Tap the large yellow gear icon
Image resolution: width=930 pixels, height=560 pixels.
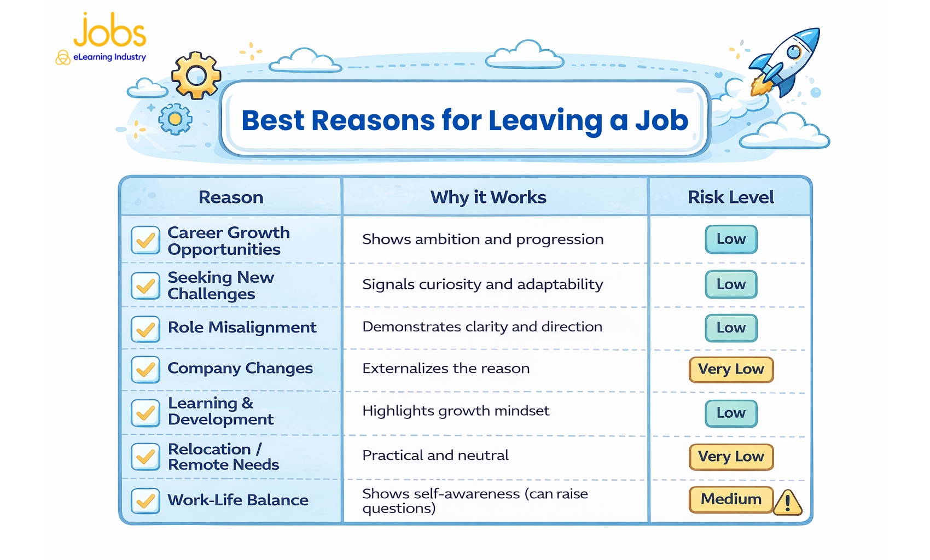point(196,75)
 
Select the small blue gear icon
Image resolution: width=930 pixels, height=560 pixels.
point(175,119)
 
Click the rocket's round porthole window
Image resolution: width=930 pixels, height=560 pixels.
point(794,52)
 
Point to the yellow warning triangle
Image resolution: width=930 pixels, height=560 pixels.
point(788,502)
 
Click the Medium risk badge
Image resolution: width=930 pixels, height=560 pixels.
point(731,499)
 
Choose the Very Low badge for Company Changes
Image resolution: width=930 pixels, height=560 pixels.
point(731,369)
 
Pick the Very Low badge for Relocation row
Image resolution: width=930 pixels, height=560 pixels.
point(731,457)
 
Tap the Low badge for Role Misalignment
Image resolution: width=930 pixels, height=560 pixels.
point(731,328)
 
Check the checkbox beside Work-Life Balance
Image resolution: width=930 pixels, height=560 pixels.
point(146,501)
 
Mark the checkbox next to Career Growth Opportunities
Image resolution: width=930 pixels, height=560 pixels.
point(146,240)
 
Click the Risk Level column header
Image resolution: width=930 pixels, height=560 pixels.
point(731,197)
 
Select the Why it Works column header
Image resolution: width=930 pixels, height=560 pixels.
point(488,197)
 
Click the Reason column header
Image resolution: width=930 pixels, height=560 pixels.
point(231,197)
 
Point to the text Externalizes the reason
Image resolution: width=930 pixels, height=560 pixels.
point(446,369)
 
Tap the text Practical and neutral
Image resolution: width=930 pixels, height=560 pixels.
point(435,456)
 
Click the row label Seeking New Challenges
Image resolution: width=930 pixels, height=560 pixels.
point(220,285)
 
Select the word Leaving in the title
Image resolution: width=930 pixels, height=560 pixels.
point(545,121)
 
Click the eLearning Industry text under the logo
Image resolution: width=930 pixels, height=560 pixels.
point(109,57)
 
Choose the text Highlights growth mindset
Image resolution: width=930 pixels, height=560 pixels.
point(456,411)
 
